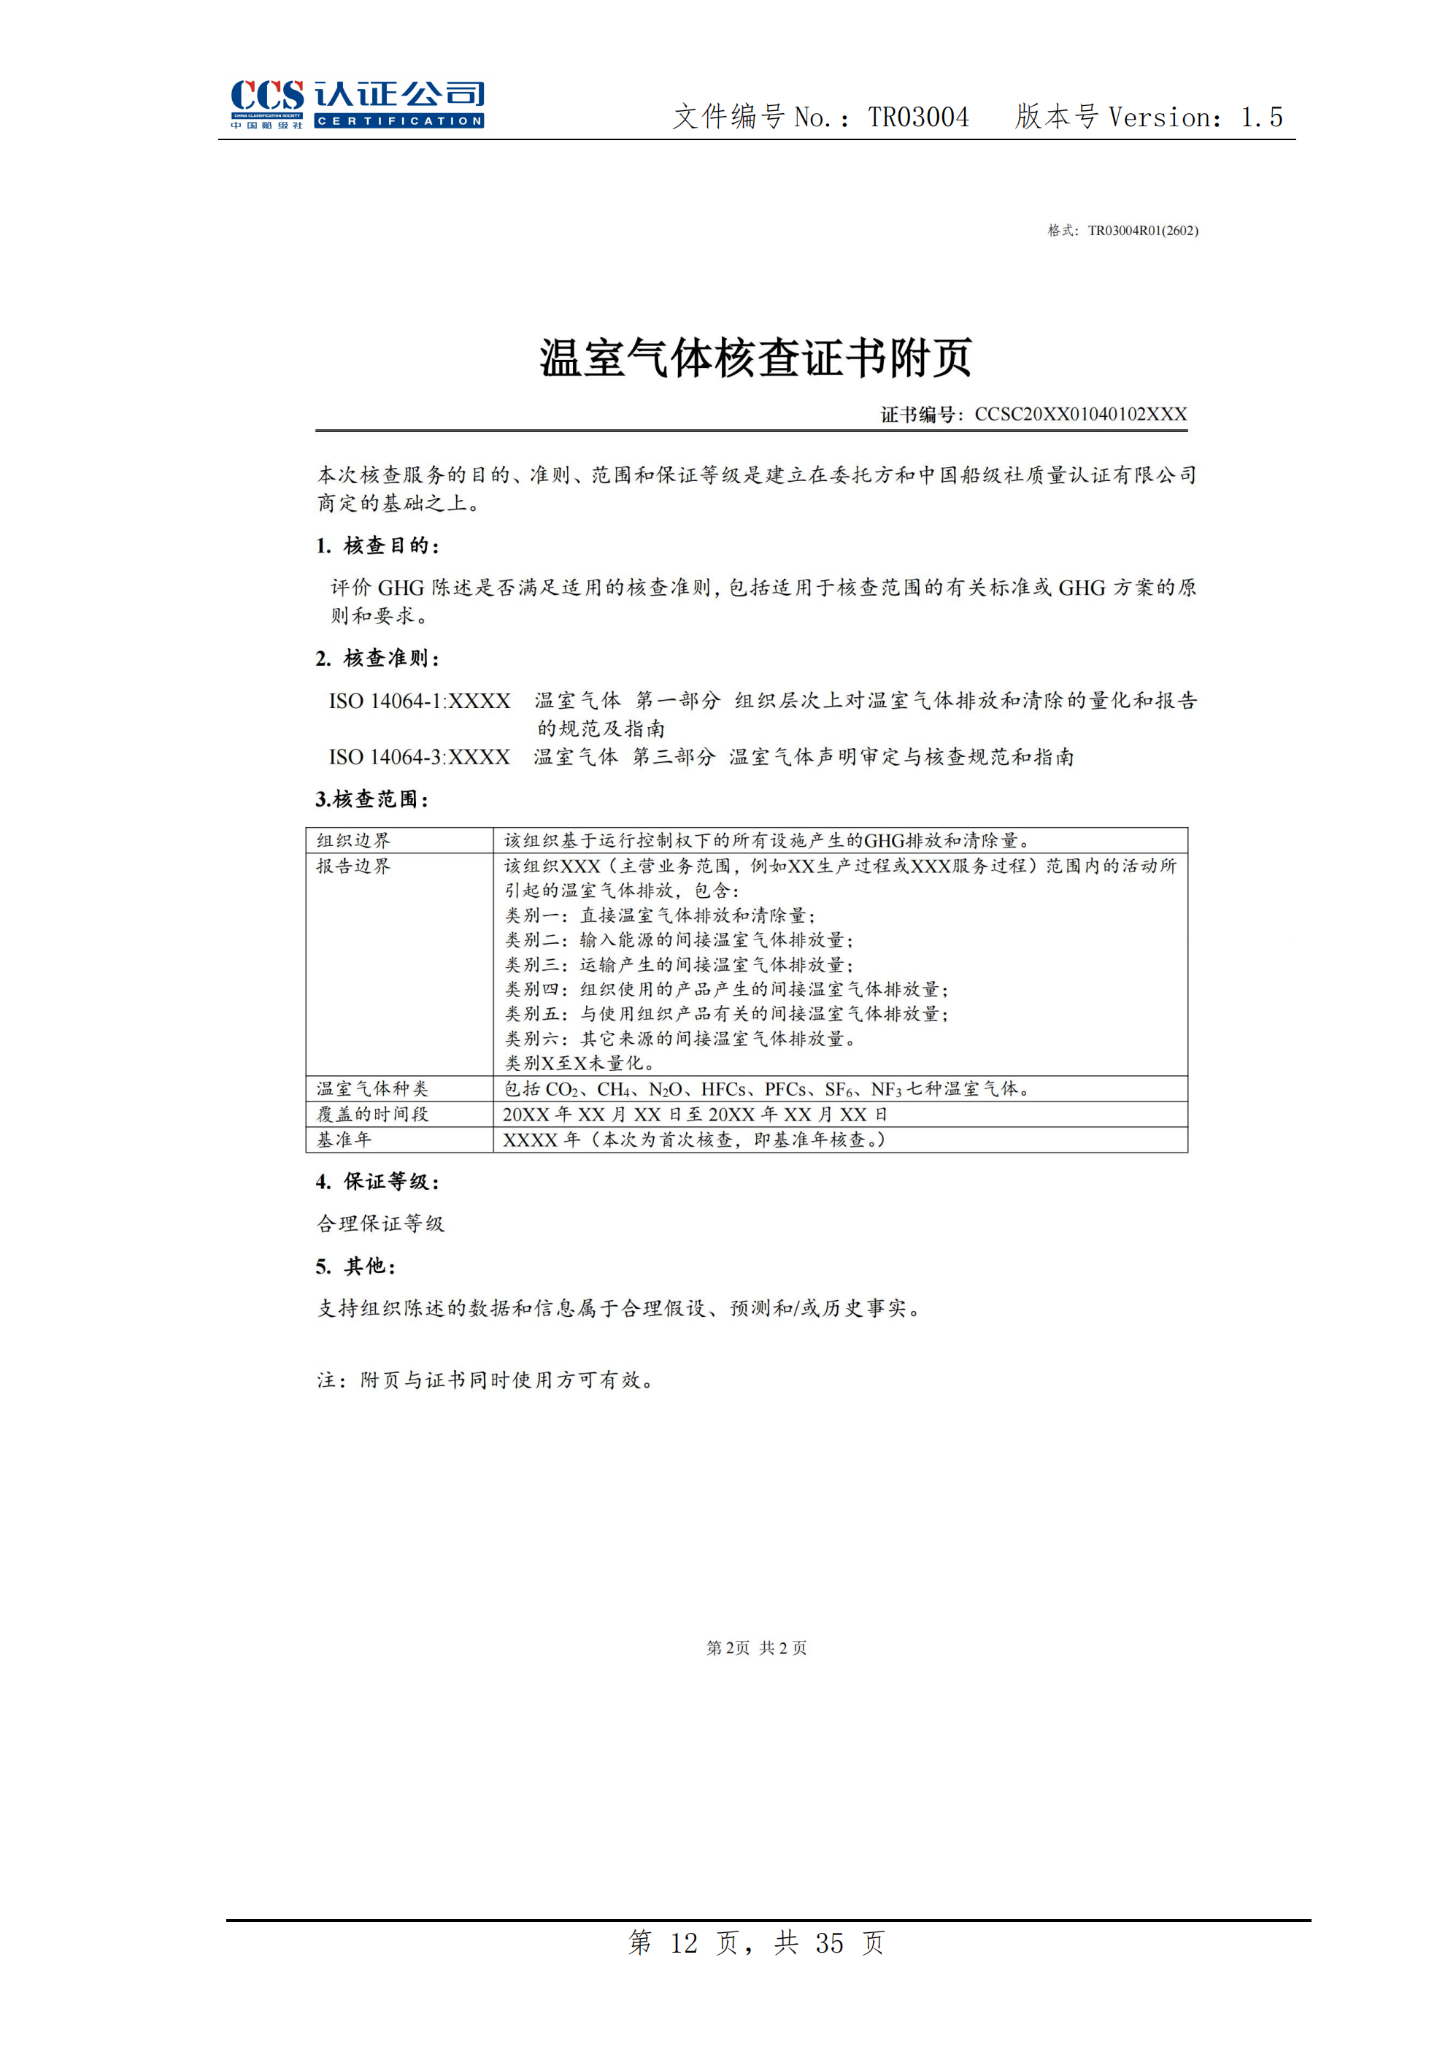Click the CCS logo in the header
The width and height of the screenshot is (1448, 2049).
point(356,104)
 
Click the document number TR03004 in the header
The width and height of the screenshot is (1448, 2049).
point(918,117)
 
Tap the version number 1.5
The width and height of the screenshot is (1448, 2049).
point(1262,117)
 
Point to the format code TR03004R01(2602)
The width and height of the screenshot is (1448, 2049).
point(1142,230)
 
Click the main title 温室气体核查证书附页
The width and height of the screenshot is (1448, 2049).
point(755,358)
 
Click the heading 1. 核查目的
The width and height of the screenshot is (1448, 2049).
point(377,545)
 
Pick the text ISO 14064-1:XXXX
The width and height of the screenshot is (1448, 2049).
point(420,701)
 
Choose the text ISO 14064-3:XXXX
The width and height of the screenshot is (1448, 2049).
point(420,757)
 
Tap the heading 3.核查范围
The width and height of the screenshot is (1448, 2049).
point(372,799)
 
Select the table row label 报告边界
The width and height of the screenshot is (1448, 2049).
point(353,866)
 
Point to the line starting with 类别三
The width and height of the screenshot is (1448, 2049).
point(679,965)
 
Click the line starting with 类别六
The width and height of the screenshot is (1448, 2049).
point(679,1039)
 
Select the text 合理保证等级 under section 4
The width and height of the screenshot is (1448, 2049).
point(380,1223)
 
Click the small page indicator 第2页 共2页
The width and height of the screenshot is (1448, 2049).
point(757,1648)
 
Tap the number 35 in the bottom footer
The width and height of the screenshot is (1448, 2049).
point(829,1943)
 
